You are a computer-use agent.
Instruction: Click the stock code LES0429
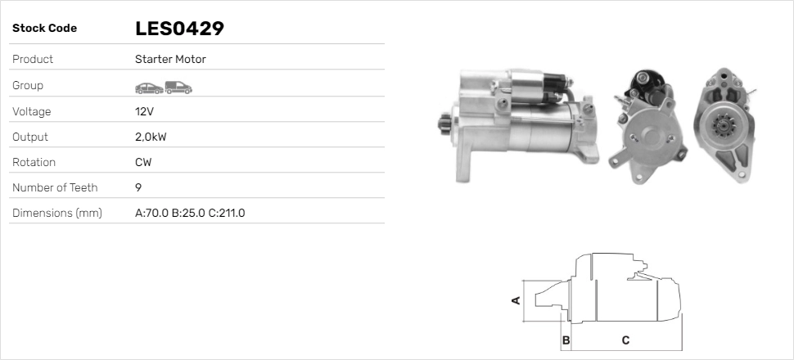coord(179,29)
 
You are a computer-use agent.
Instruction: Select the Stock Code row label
coord(44,29)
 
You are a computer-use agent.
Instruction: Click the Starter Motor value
coord(170,59)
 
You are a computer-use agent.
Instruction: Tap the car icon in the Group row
coord(149,88)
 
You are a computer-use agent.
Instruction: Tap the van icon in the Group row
coord(178,88)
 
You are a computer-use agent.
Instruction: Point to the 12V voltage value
coord(144,111)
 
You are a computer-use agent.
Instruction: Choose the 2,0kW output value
coord(151,137)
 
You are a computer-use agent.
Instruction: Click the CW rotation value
coord(143,163)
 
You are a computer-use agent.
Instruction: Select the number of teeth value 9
coord(138,188)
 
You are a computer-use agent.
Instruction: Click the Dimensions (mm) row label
coord(57,214)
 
